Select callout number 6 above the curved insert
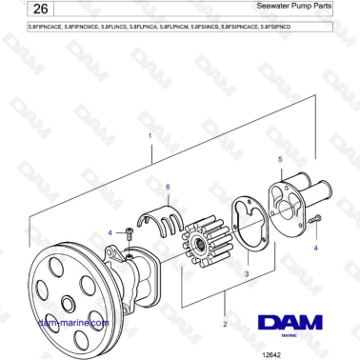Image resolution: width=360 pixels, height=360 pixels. coord(168,187)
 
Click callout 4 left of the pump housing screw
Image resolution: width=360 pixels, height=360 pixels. coord(110,232)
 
